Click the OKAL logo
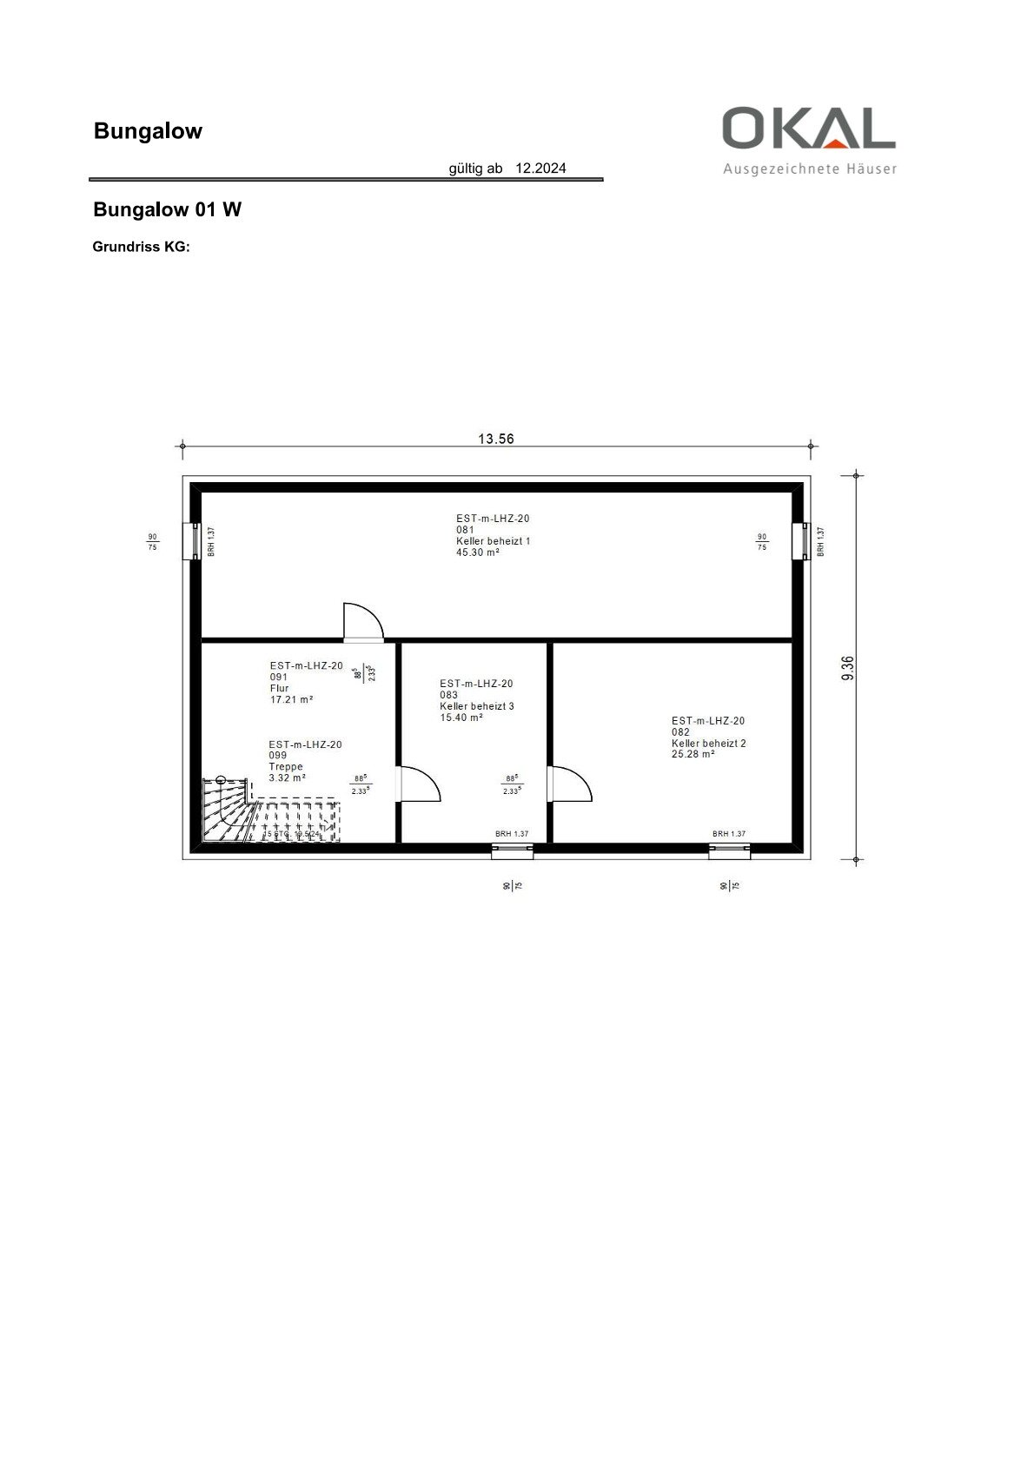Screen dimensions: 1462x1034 (x=808, y=129)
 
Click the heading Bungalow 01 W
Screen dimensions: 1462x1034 (x=167, y=209)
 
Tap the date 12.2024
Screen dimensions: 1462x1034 (x=540, y=169)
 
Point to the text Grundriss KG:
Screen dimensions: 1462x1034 (x=141, y=247)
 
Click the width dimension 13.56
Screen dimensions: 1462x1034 (x=496, y=439)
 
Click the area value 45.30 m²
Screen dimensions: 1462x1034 (x=478, y=552)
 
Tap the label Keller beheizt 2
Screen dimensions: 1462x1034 (x=708, y=744)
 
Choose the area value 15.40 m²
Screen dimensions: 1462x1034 (x=461, y=718)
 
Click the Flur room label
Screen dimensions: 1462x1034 (x=280, y=688)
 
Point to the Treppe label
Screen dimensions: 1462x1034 (x=286, y=767)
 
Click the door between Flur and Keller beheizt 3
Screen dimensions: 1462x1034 (x=419, y=784)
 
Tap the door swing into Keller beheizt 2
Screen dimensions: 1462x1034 (x=571, y=784)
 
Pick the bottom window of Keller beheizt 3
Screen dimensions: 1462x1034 (x=512, y=851)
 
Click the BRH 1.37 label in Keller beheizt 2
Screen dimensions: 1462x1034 (x=729, y=834)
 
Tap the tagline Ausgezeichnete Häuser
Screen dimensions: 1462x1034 (x=809, y=169)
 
